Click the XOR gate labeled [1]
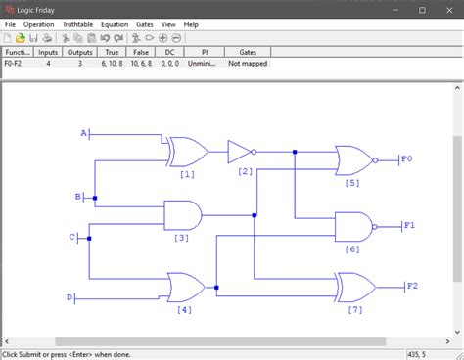(186, 152)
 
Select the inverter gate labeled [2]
(239, 152)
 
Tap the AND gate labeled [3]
(182, 215)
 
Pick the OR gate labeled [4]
(185, 288)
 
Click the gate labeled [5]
(352, 159)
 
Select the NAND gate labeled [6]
(352, 227)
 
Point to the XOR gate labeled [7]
(354, 287)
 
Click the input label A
(83, 133)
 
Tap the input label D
(70, 297)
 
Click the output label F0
(408, 158)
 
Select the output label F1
(409, 226)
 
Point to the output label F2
(412, 287)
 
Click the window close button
(445, 9)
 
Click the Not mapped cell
(248, 63)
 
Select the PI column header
(206, 52)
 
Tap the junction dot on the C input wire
(89, 238)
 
